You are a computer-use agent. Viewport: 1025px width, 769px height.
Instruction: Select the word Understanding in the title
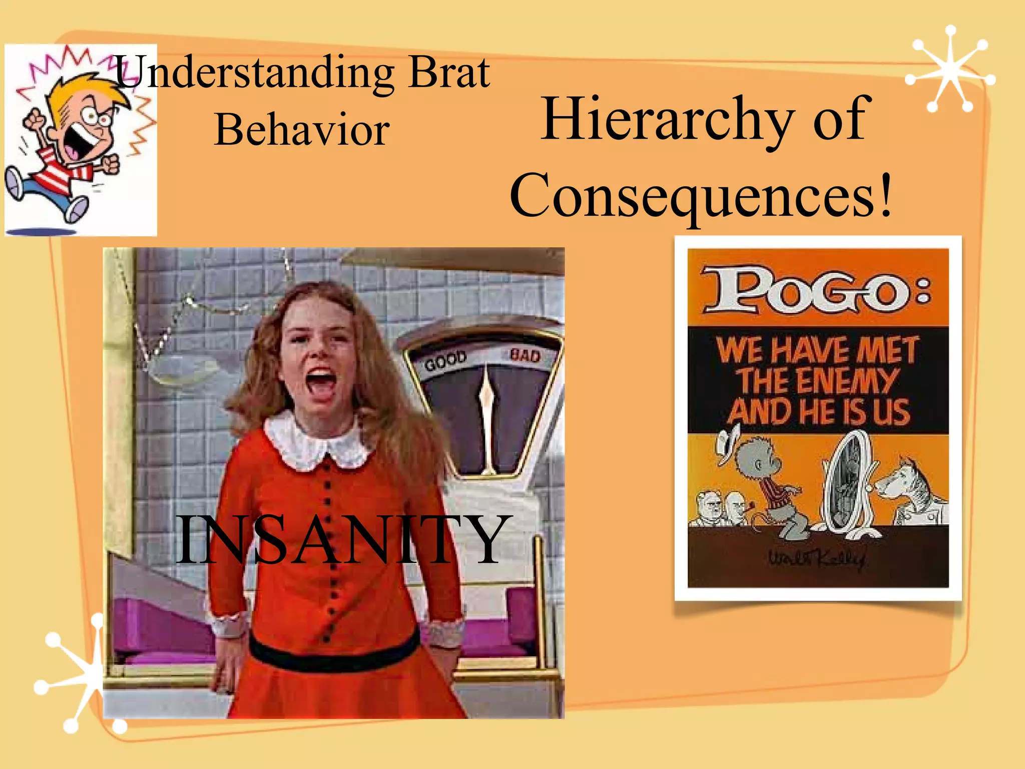[255, 73]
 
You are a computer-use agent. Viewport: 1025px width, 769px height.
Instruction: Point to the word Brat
[449, 73]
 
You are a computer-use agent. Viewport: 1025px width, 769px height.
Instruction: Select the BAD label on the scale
[525, 355]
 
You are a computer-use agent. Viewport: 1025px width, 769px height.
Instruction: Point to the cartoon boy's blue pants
[48, 193]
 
